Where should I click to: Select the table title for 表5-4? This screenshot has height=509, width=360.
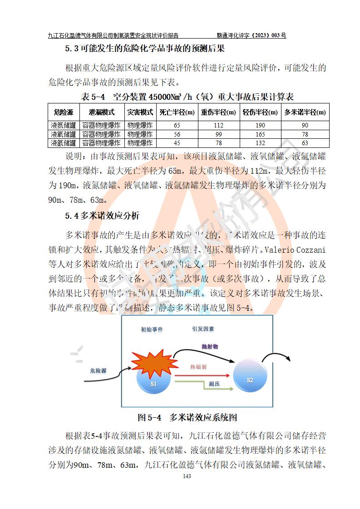[187, 97]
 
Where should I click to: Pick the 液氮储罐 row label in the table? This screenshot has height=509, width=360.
[64, 125]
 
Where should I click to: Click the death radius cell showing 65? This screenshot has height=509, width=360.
[177, 125]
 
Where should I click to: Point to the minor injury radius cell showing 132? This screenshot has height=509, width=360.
[260, 143]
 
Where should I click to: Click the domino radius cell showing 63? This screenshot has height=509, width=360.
[305, 143]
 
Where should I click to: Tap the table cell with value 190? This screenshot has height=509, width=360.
[260, 125]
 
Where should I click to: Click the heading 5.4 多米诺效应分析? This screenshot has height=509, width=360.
[102, 215]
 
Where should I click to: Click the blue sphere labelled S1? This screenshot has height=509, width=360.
[153, 384]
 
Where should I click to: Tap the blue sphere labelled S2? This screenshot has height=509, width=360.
[249, 379]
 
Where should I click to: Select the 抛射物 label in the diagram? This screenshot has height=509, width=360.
[210, 346]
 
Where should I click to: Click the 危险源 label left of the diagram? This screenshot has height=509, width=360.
[98, 371]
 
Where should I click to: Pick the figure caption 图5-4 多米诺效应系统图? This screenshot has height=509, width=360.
[187, 417]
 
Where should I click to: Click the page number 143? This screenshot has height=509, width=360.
[186, 476]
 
